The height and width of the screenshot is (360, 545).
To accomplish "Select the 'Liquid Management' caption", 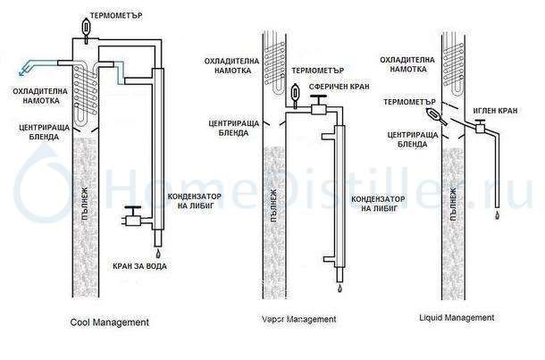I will coord(457,318).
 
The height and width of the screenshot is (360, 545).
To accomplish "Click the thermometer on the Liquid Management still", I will coord(435,115).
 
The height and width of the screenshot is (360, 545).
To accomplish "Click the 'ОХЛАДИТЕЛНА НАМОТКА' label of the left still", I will coord(31,96).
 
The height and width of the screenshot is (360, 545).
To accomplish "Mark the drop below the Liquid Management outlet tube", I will coord(496,215).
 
